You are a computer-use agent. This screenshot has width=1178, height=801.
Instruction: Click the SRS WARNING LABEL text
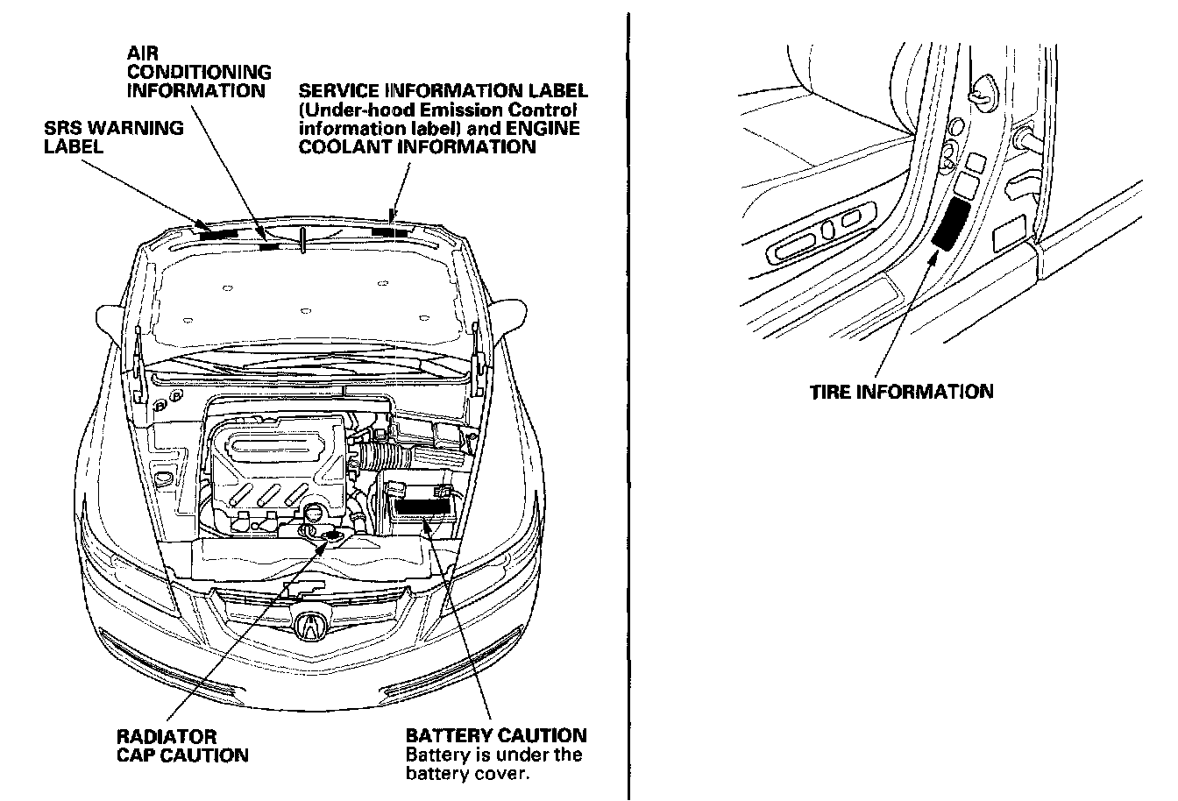tap(114, 137)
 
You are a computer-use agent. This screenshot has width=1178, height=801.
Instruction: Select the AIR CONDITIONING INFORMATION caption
tap(199, 72)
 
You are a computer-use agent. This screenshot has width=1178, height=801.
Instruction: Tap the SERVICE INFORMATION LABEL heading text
tap(444, 91)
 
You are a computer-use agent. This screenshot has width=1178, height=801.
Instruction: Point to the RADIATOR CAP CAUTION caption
tap(182, 746)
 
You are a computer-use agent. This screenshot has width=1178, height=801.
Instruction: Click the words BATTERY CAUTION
tap(496, 735)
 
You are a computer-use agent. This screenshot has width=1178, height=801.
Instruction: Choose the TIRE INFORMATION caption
tap(901, 392)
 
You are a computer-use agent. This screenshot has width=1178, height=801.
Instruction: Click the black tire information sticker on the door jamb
tap(952, 223)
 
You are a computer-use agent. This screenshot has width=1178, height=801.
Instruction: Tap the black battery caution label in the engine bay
tap(422, 507)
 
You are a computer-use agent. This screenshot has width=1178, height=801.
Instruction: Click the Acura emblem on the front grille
tap(310, 624)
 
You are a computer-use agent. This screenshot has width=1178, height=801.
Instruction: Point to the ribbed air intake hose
tap(383, 456)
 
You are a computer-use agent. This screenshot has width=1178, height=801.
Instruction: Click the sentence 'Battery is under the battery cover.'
tap(494, 764)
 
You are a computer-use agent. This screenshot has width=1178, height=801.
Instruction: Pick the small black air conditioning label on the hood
tap(269, 246)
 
